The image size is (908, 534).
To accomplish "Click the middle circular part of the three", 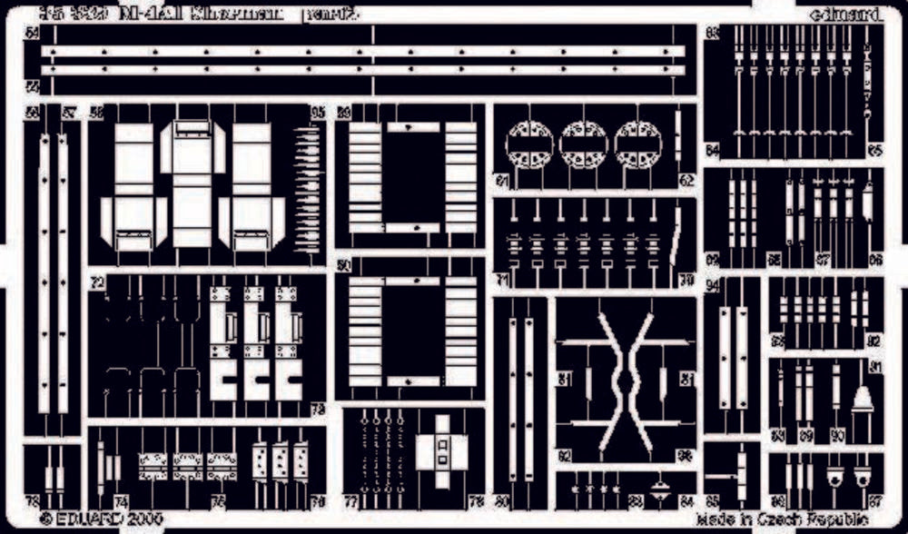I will click(583, 143).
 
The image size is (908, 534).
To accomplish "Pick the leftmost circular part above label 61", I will click(529, 143).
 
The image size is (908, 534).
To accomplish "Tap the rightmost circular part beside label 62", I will click(637, 143).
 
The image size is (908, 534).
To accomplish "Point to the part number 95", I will click(318, 114).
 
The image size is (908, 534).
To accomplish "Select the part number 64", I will click(713, 151).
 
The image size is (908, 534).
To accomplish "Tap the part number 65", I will click(874, 151).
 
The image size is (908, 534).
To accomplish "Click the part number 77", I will click(350, 501).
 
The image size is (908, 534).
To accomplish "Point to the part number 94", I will click(713, 286).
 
